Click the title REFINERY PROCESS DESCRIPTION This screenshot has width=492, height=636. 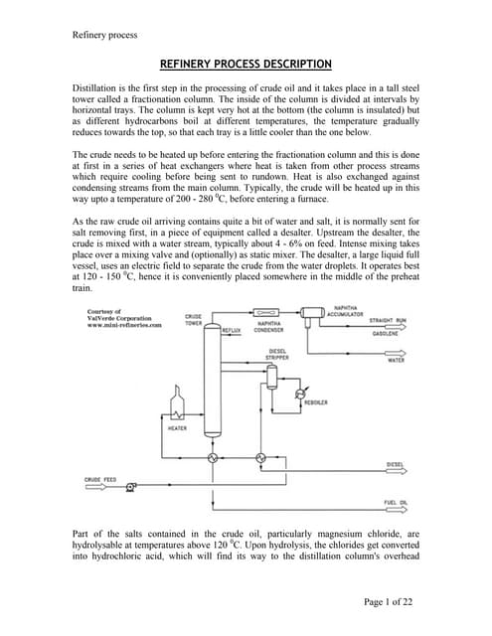(x=246, y=65)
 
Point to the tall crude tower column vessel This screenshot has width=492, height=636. (x=212, y=388)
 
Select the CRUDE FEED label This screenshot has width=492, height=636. (x=99, y=479)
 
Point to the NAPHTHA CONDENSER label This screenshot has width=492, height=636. (x=269, y=326)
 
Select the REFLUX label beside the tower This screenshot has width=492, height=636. (x=232, y=327)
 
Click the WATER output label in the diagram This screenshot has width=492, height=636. (x=395, y=360)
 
